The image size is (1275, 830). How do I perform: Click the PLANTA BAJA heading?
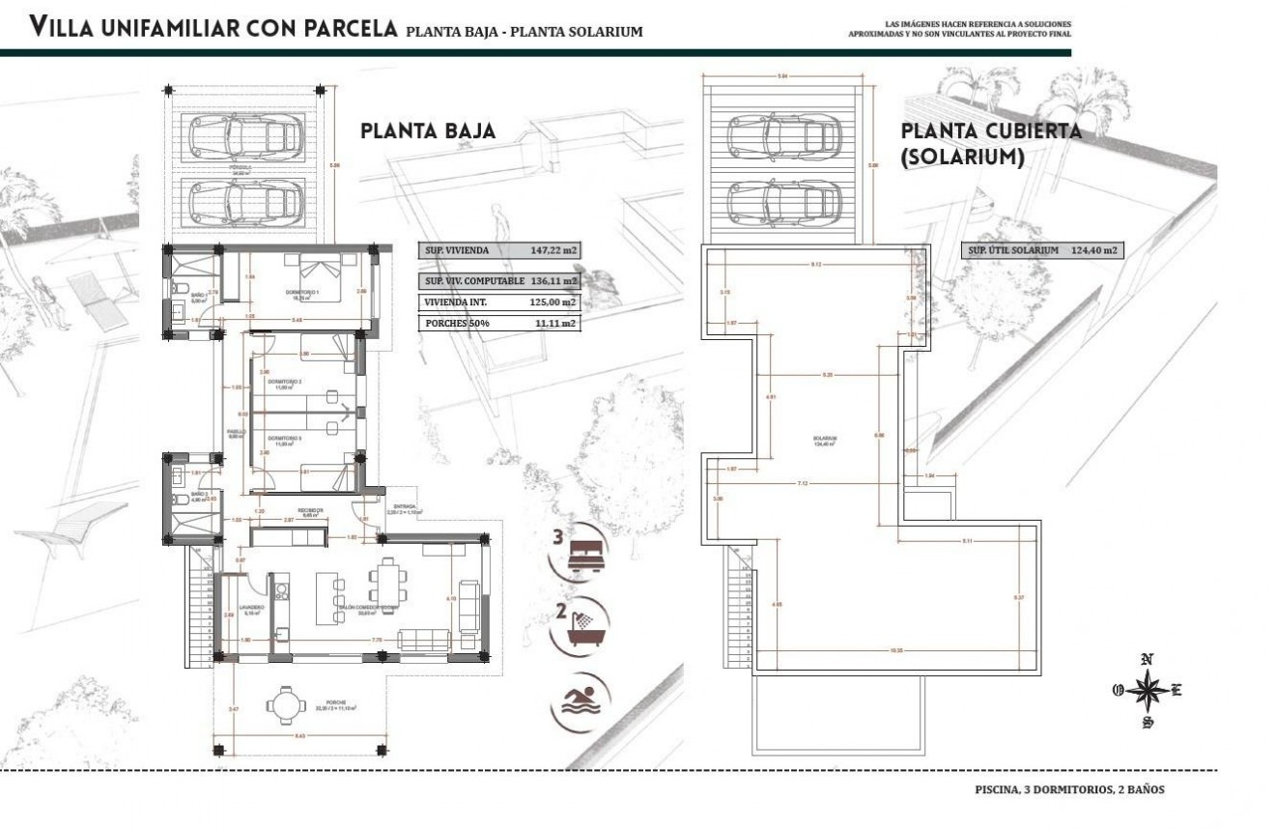428,131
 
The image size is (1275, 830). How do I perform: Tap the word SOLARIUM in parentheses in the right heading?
962,157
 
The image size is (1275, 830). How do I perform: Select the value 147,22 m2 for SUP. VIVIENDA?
553,250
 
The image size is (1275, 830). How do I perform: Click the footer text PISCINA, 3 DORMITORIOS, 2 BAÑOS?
1069,789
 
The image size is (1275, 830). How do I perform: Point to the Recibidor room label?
309,509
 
